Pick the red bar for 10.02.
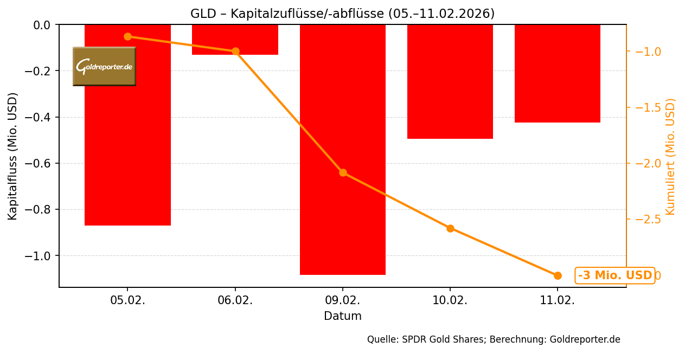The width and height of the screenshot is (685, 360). pyautogui.click(x=450, y=81)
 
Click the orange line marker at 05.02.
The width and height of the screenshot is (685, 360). pyautogui.click(x=127, y=36)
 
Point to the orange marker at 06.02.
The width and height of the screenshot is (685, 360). pyautogui.click(x=235, y=52)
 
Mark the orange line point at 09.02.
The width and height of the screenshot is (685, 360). pyautogui.click(x=343, y=172)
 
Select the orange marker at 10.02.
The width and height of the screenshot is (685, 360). pyautogui.click(x=450, y=228)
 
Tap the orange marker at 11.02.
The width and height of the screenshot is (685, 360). pyautogui.click(x=558, y=275)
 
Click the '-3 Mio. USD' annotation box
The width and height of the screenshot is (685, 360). pyautogui.click(x=614, y=275)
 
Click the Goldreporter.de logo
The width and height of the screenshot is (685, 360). pyautogui.click(x=104, y=66)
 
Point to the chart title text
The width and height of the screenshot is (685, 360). pyautogui.click(x=342, y=14)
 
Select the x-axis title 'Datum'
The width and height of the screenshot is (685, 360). pyautogui.click(x=342, y=316)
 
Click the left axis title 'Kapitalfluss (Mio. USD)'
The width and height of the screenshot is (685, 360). pyautogui.click(x=13, y=156)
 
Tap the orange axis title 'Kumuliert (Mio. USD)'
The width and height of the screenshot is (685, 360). pyautogui.click(x=670, y=156)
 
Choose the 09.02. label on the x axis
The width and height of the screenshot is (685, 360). pyautogui.click(x=342, y=301)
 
